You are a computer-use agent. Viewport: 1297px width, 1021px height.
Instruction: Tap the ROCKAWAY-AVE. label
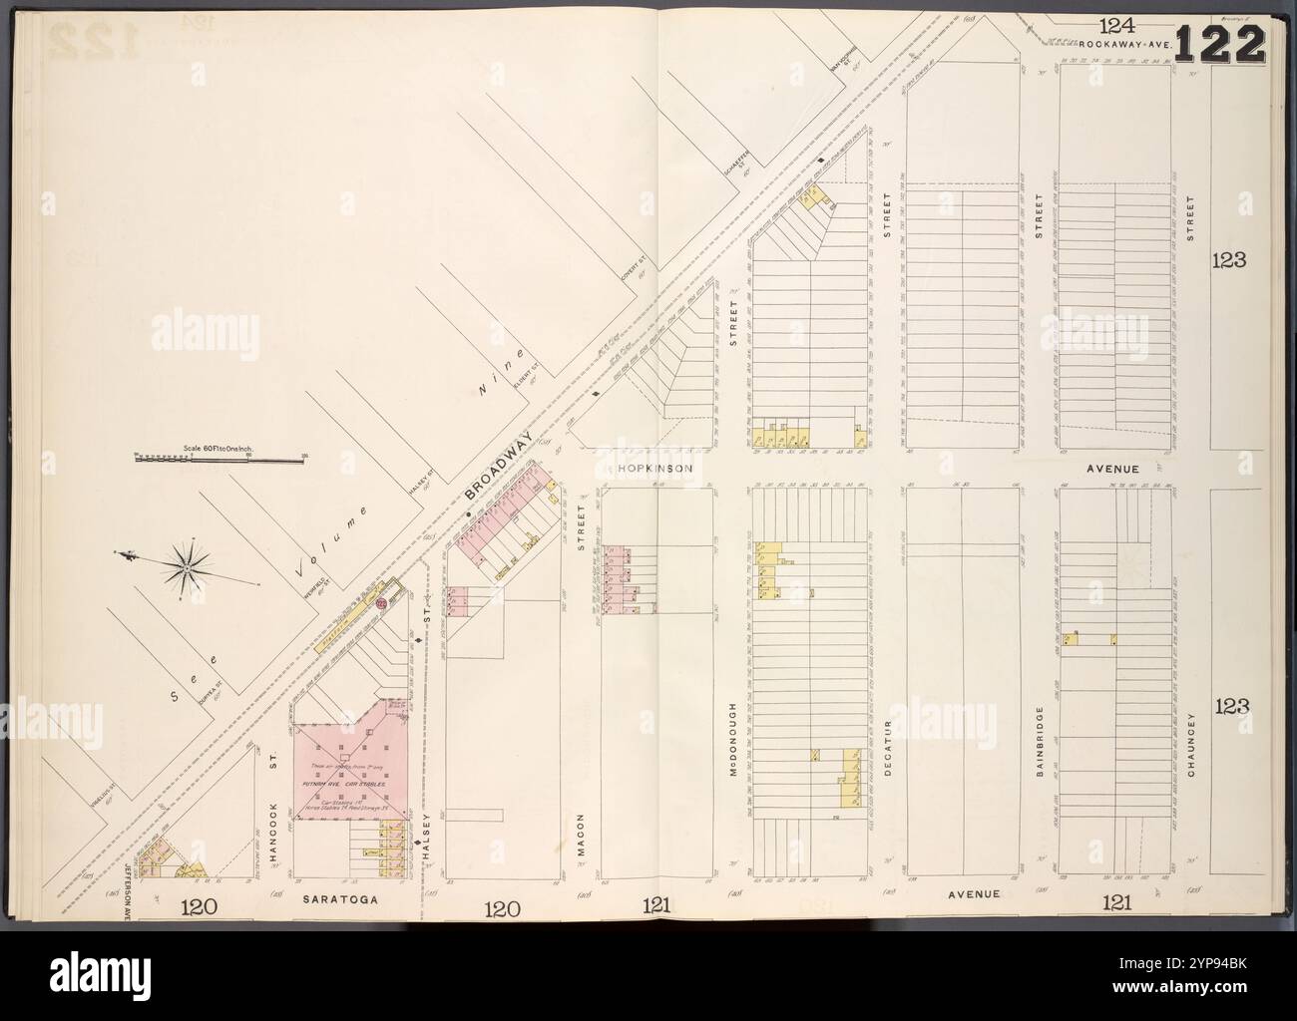tap(1121, 46)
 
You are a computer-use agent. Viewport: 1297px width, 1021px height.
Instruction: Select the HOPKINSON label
tap(649, 467)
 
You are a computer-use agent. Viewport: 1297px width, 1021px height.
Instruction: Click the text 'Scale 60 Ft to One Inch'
tap(219, 449)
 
